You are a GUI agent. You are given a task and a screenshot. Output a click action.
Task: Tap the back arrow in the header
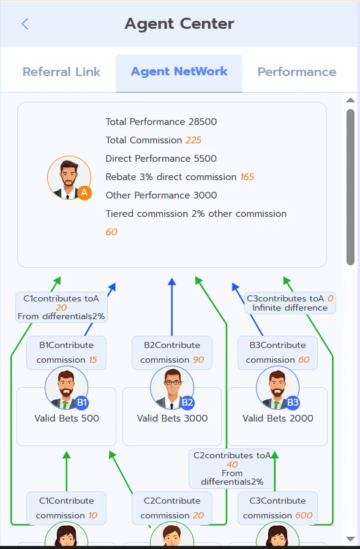coord(25,24)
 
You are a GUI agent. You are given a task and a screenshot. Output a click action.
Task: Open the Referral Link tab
coord(62,72)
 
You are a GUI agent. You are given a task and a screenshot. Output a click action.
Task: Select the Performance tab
coord(297,72)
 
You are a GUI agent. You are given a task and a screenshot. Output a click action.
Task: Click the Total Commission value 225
coord(193,140)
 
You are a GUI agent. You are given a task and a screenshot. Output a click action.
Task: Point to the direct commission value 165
coord(247,177)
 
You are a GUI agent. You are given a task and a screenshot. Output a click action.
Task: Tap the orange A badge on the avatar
coord(84,192)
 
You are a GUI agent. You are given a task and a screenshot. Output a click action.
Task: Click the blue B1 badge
coord(81,403)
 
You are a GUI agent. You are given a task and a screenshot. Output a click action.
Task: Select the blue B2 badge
coord(187,403)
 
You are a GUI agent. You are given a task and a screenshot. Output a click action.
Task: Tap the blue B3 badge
coord(293,403)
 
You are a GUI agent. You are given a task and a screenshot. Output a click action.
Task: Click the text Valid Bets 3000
coord(172,418)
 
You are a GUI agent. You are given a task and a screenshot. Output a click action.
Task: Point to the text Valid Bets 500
coord(67,418)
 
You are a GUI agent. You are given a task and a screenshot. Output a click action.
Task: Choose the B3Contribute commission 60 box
coord(277,352)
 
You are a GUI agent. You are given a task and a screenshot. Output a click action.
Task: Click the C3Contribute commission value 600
coord(304,515)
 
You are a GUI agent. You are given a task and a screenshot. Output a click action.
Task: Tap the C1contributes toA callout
coord(61,307)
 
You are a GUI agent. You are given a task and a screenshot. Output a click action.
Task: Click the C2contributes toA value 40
coord(232,464)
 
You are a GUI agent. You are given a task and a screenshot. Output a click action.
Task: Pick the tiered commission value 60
coord(111,232)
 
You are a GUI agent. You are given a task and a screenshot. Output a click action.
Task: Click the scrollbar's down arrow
coord(350,539)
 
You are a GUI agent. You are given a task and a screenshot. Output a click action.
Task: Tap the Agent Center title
coord(179,24)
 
